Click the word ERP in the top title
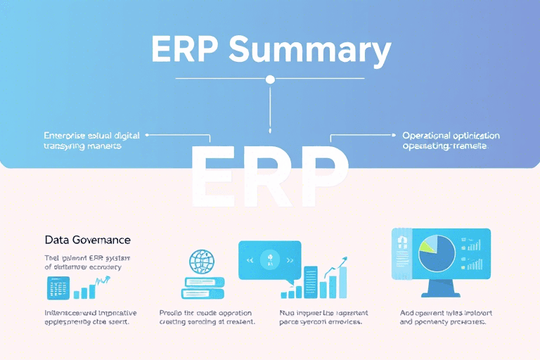[x=184, y=51]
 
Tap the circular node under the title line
[x=270, y=79]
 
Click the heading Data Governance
[x=87, y=240]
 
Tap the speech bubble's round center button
[x=270, y=259]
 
